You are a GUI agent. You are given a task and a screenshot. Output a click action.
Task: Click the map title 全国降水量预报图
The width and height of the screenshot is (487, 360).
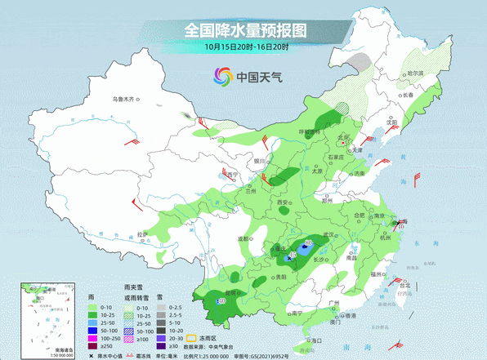(x=244, y=30)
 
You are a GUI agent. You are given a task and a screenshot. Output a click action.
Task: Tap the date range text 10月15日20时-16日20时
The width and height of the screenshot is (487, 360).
(x=244, y=47)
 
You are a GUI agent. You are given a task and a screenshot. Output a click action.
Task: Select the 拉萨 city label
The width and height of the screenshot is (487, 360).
(x=142, y=234)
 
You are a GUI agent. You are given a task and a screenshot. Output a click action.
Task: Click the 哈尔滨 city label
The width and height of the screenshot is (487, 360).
(x=415, y=73)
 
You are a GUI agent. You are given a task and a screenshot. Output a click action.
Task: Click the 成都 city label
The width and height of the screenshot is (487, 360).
(x=243, y=238)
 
